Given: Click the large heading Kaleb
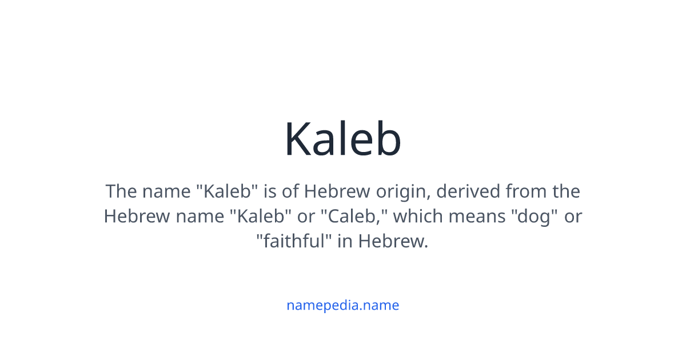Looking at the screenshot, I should (x=343, y=139).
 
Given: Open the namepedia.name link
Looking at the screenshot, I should (x=342, y=305).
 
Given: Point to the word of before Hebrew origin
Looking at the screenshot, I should (x=290, y=191).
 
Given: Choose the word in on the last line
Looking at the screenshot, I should (x=345, y=242).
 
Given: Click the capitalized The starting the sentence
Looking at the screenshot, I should (x=119, y=191).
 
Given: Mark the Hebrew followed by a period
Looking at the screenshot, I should (x=393, y=242).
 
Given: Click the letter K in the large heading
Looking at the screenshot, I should (x=299, y=139).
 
